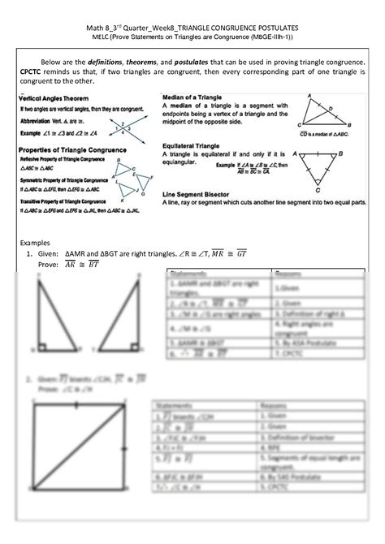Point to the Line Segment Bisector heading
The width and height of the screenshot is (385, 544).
[204, 195]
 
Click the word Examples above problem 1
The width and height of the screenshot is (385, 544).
[34, 243]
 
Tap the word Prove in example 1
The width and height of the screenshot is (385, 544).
[45, 265]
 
